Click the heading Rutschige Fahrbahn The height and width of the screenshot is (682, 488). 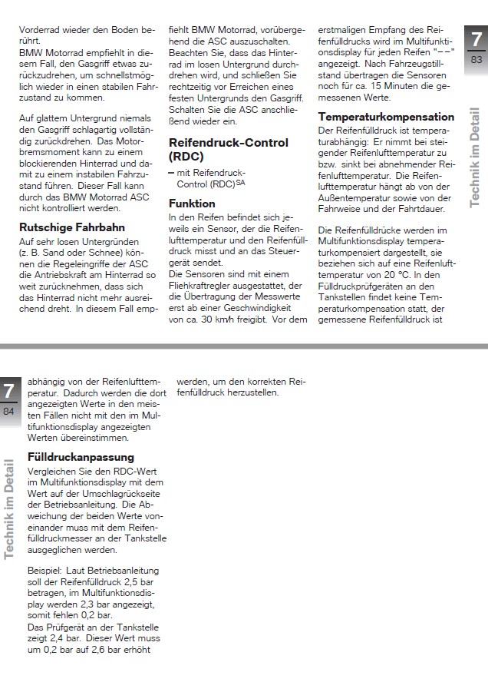(x=71, y=227)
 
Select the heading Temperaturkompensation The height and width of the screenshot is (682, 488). (x=386, y=118)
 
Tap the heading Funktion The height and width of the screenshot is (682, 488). (x=192, y=204)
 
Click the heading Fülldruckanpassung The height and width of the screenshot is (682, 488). (x=81, y=457)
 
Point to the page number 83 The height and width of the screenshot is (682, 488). (x=476, y=60)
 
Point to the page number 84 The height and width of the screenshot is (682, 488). (x=8, y=412)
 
